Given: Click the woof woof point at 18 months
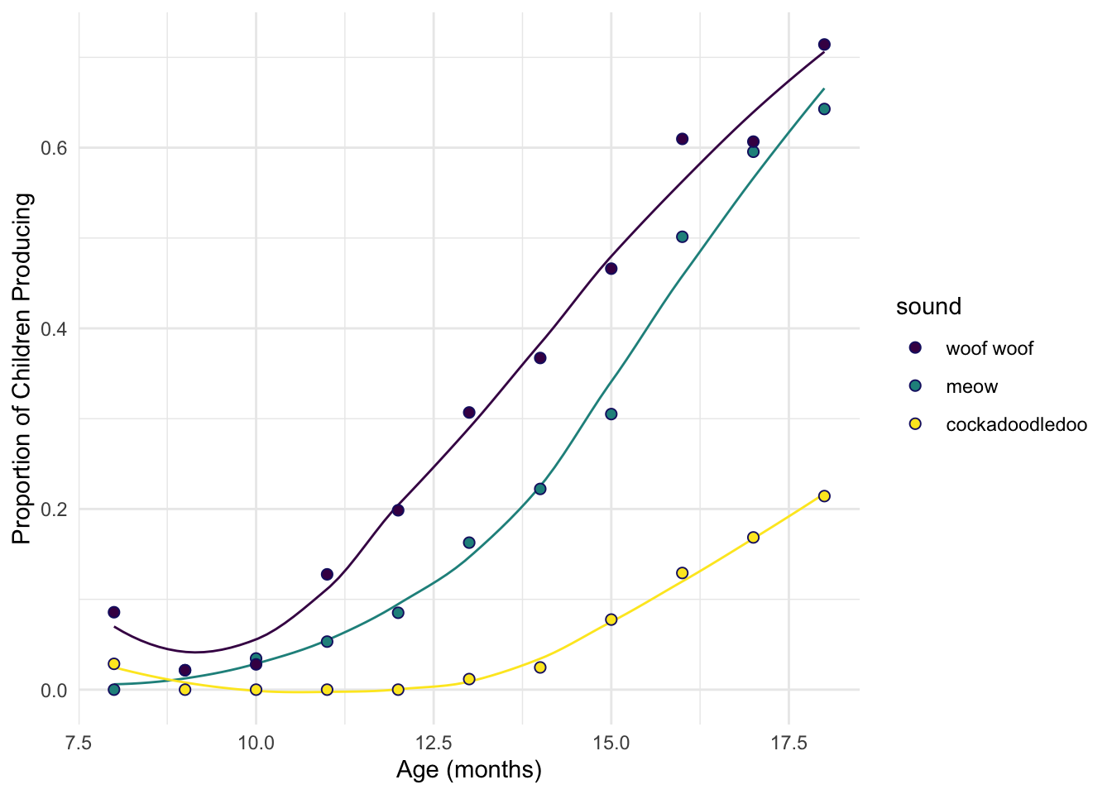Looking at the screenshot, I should point(824,45).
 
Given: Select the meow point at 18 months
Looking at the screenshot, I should point(824,109).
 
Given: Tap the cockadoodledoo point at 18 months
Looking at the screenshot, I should point(824,496).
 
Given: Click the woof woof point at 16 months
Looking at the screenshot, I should point(682,139).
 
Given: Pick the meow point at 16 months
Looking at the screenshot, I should point(682,237).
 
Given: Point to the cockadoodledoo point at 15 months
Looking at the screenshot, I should point(611,619).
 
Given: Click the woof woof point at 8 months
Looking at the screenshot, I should point(114,612).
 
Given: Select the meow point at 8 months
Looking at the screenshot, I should point(114,690).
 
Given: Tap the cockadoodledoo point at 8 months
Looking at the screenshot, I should point(114,664).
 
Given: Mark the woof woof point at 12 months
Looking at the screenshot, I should point(398,510).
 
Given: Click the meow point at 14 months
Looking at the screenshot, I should point(540,489).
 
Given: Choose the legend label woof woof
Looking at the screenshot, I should point(990,348).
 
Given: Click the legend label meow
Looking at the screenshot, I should point(971,387).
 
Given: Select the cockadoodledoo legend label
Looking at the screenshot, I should point(1016,425).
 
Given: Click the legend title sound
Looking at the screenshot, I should point(928,307).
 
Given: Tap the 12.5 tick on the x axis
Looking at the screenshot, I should point(434,743).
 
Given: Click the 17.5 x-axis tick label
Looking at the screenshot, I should point(788,743).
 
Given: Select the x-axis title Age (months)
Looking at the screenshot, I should point(468,771).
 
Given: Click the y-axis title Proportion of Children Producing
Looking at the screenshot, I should point(23,368).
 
